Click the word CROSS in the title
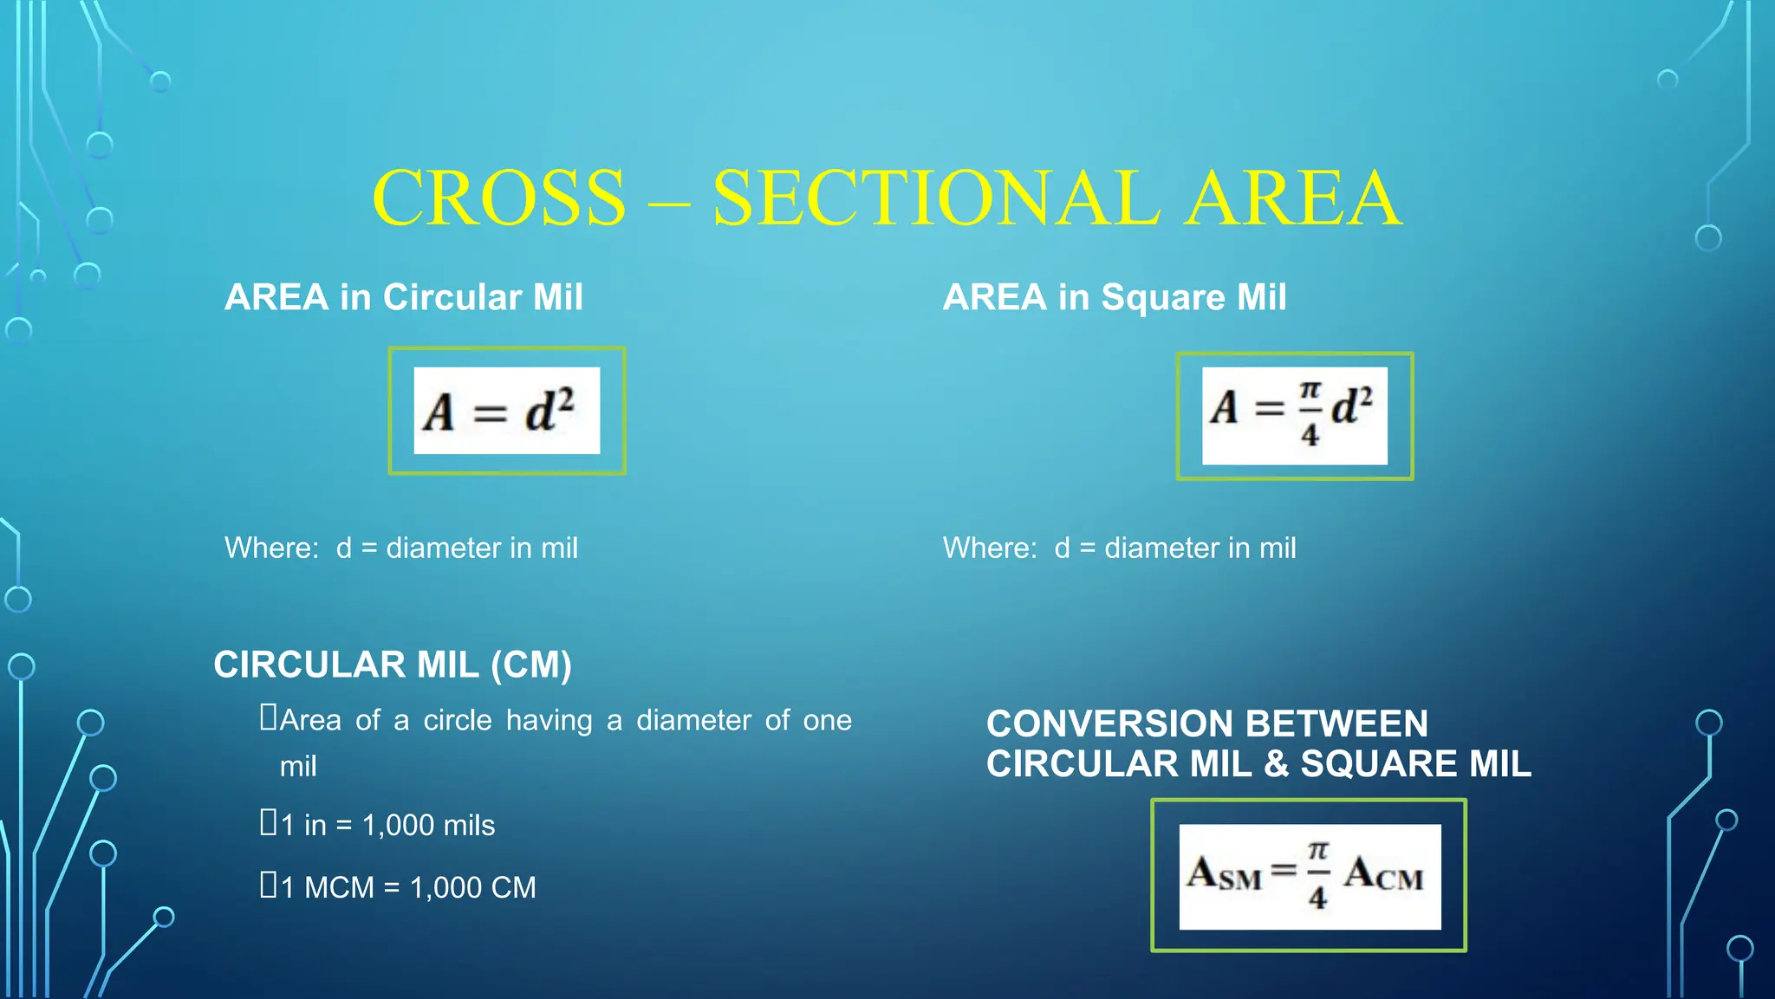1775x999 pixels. click(498, 198)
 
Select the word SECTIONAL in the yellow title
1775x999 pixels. click(936, 198)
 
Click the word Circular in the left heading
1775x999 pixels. click(452, 297)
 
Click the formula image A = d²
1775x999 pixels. click(506, 411)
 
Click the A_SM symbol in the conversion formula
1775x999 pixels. click(1224, 873)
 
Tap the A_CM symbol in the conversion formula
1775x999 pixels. click(1384, 873)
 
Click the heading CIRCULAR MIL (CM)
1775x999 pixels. click(393, 665)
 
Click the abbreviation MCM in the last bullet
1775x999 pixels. click(339, 888)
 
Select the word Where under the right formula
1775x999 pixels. click(989, 548)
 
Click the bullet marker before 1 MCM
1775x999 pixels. click(269, 885)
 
